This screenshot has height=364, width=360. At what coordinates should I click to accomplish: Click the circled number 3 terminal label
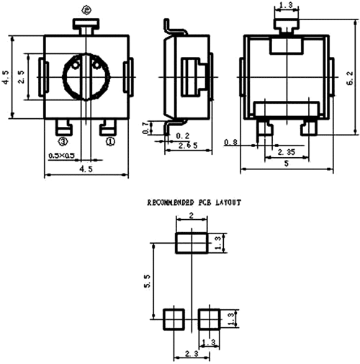[x=63, y=142]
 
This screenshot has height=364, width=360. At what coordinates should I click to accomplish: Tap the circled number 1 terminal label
[x=110, y=142]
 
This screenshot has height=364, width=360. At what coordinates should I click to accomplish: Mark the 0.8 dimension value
[x=231, y=142]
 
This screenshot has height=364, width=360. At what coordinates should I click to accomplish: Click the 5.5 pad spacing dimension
[x=147, y=280]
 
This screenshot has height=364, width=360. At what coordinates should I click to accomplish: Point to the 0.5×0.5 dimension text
[x=62, y=156]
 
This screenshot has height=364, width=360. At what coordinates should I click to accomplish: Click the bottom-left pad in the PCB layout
[x=171, y=318]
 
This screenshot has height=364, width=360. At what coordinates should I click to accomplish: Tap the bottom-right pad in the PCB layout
[x=209, y=318]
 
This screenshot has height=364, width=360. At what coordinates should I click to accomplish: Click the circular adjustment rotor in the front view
[x=86, y=76]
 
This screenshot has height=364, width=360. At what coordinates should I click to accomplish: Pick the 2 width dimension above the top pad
[x=192, y=216]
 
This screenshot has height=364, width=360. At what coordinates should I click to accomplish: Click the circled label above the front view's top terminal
[x=86, y=9]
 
